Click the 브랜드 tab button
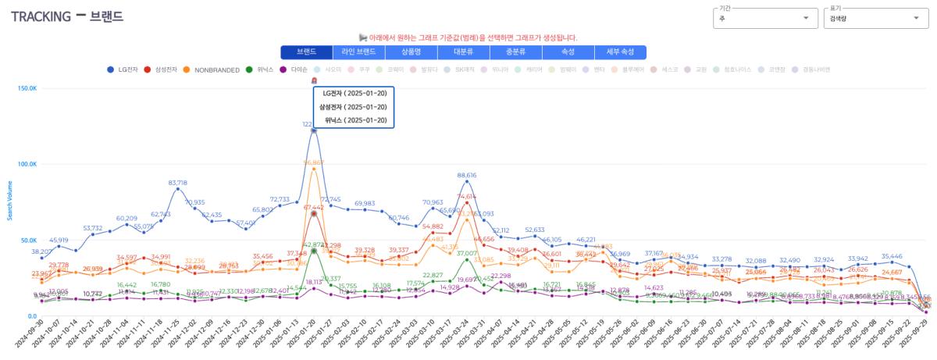tap(306, 52)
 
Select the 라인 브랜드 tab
tap(358, 52)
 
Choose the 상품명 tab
tap(411, 52)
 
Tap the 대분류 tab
tap(463, 52)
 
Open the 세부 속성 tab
tap(620, 52)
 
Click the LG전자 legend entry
tap(123, 70)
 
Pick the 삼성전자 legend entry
tap(162, 70)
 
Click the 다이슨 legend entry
tap(294, 70)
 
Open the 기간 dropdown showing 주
tap(764, 18)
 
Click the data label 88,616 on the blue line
tap(467, 176)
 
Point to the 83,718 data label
tap(178, 183)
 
